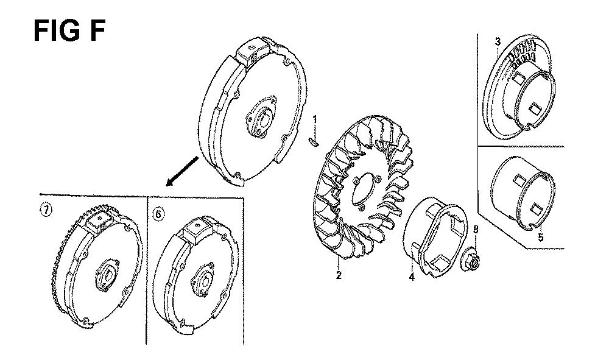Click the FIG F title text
(x=69, y=31)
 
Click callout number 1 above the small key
(x=315, y=119)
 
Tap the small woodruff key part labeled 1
(x=314, y=142)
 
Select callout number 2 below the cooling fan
(x=339, y=276)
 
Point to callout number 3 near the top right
(x=498, y=41)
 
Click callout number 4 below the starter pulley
(x=412, y=277)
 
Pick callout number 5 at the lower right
(x=541, y=236)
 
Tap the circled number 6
(x=158, y=214)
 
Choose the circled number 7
(x=46, y=210)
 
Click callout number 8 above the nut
(x=476, y=230)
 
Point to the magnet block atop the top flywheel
(x=250, y=50)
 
